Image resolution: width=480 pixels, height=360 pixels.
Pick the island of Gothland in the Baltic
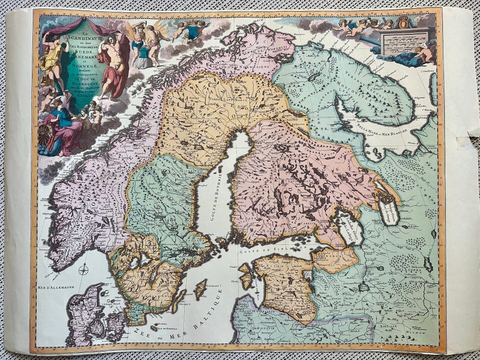(x=200, y=289)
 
